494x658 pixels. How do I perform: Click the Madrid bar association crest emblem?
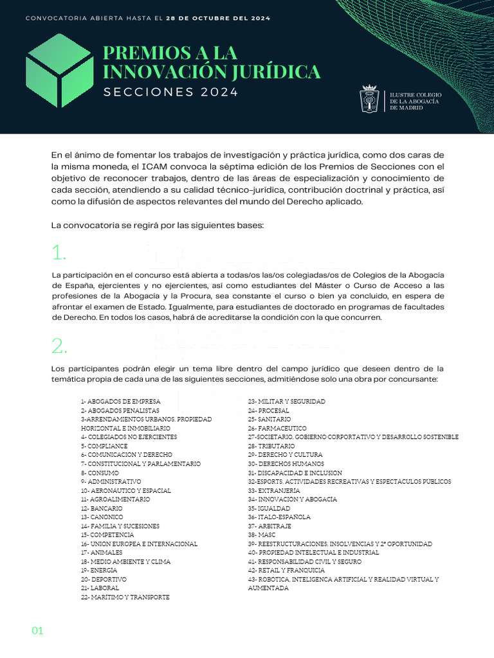(x=370, y=100)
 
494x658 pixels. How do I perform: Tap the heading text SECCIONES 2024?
(x=170, y=92)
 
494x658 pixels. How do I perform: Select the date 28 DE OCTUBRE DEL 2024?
(x=218, y=18)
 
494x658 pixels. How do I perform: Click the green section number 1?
(x=59, y=253)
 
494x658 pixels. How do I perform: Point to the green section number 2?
(x=59, y=346)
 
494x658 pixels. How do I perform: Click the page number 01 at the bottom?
(x=37, y=631)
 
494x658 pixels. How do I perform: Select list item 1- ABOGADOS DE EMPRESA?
(x=120, y=402)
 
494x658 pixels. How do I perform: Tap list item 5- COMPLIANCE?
(x=104, y=446)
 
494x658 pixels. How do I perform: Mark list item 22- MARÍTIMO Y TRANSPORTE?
(x=125, y=597)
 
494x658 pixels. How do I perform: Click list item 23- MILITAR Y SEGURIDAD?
(x=286, y=402)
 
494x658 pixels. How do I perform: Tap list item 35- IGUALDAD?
(x=269, y=508)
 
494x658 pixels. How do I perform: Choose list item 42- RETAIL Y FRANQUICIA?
(x=286, y=571)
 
